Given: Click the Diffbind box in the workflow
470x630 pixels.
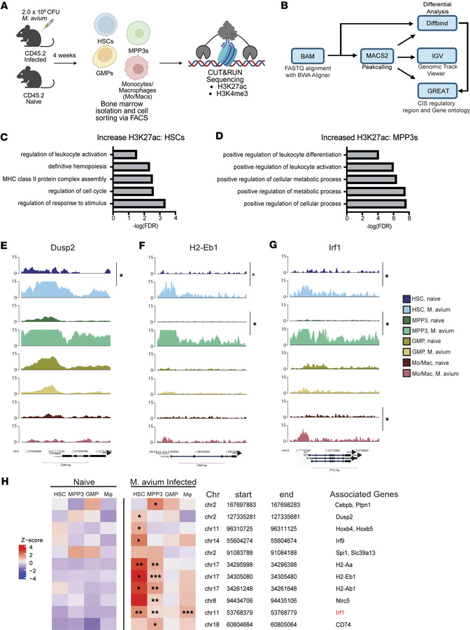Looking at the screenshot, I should tap(432, 24).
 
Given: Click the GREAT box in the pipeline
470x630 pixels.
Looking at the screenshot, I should tap(432, 90).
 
